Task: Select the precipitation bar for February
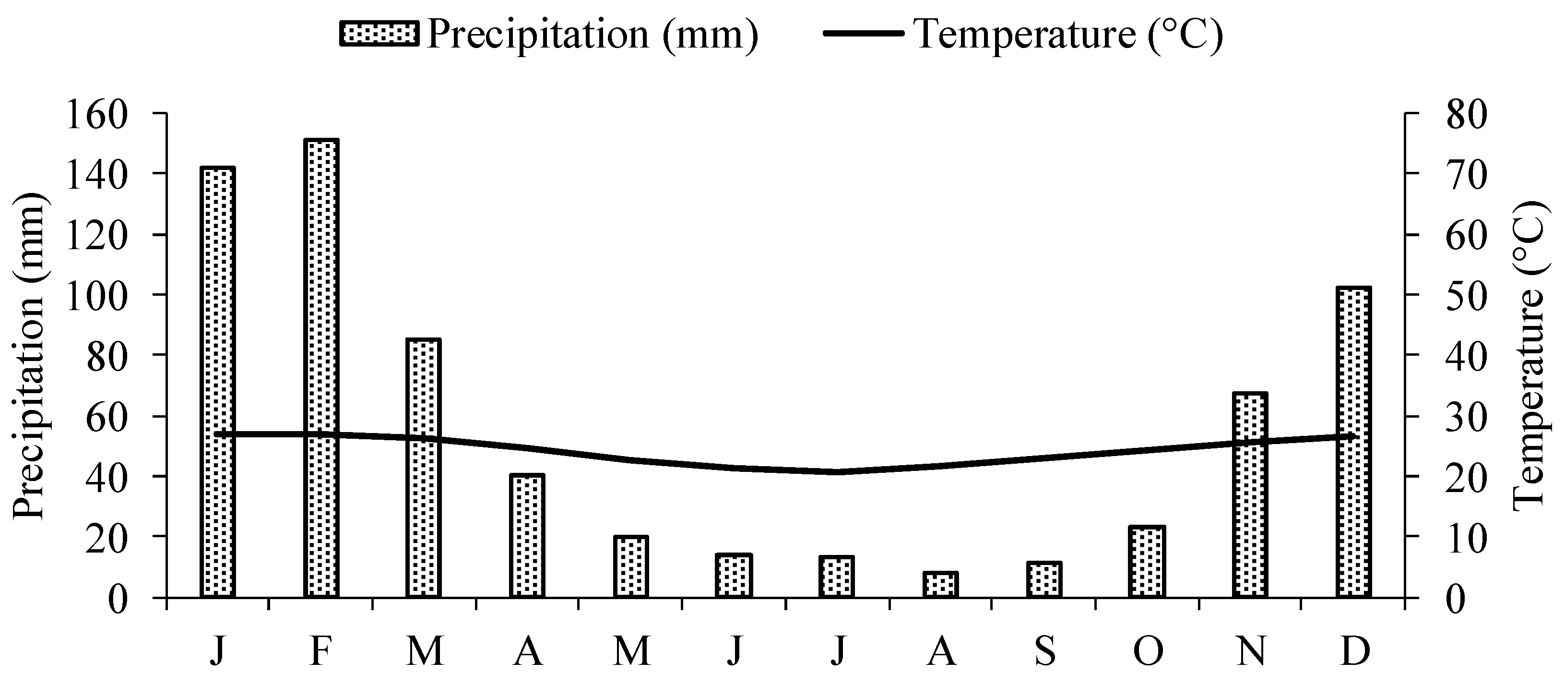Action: point(321,368)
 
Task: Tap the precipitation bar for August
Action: point(940,584)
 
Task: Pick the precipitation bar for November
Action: point(1250,495)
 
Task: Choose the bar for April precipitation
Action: point(527,535)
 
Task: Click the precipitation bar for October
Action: point(1147,562)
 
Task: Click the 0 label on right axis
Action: point(1457,598)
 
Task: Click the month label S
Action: point(1044,651)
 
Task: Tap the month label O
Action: point(1148,651)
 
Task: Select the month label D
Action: point(1355,651)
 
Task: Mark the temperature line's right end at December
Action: point(1353,436)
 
